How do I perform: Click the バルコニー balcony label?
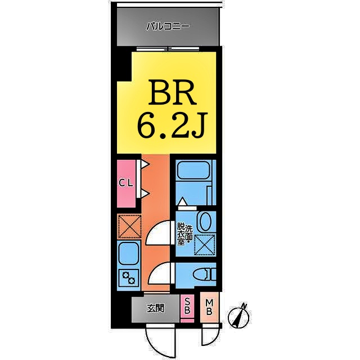pos(168,26)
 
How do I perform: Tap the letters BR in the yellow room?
pos(173,92)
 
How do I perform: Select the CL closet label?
pos(125,183)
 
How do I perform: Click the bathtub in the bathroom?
pos(193,170)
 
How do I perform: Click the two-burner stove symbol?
pos(129,278)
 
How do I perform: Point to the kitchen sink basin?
pos(129,254)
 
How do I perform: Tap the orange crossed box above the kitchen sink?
pos(129,226)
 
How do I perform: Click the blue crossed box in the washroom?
pos(205,245)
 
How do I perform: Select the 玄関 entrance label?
pos(156,309)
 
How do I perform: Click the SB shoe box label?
pos(187,305)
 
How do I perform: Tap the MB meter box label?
pos(209,307)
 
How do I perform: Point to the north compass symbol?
pos(238,317)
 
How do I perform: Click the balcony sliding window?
pos(168,49)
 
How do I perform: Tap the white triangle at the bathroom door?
pos(183,201)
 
